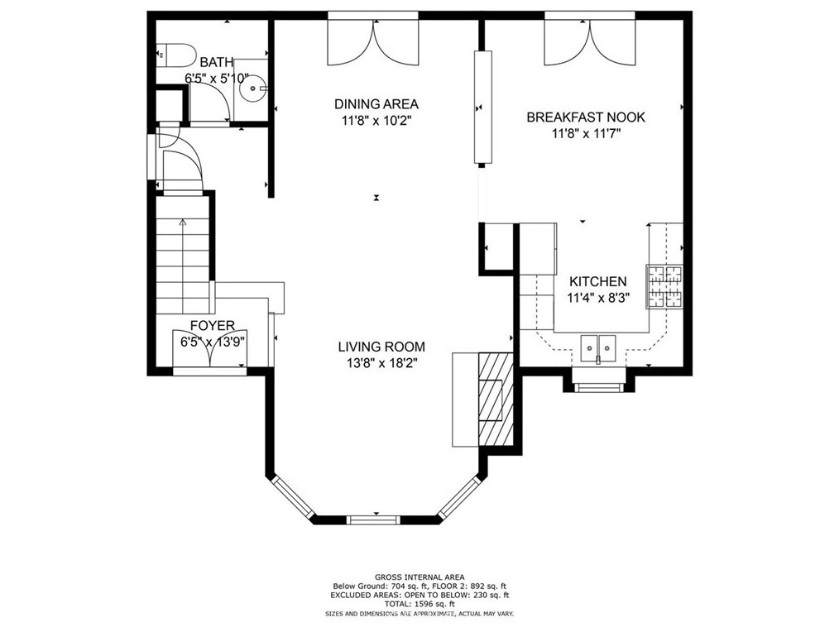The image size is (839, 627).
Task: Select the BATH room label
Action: (216, 62)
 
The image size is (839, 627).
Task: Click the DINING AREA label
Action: (376, 104)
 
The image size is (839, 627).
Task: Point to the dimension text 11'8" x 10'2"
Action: (376, 120)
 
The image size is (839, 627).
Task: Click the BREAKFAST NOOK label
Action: (585, 117)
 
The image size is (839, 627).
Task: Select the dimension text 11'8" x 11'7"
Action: (585, 133)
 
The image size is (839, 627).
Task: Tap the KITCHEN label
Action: (597, 282)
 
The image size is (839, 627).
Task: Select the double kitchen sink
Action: (600, 347)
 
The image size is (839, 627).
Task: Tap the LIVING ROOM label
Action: (381, 347)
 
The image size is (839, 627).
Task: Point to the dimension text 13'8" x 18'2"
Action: (381, 363)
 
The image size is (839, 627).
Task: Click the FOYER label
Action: (213, 326)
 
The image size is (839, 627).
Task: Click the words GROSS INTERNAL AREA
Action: (419, 577)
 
